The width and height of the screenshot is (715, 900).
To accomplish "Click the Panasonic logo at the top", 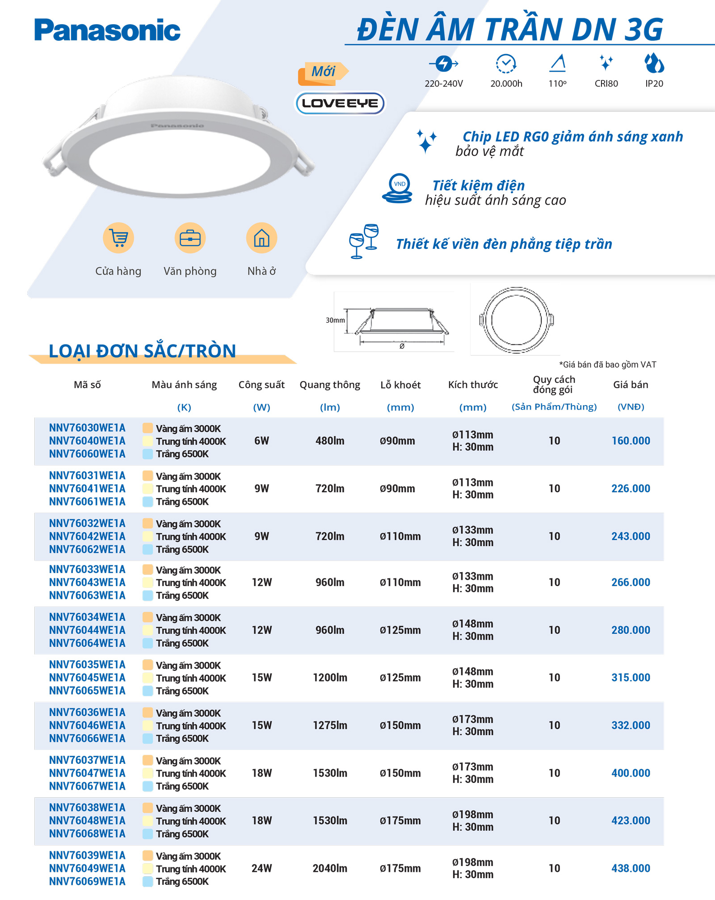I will (107, 30).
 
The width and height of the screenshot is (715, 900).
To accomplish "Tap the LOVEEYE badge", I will (340, 103).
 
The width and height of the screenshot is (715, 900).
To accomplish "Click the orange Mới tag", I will (323, 72).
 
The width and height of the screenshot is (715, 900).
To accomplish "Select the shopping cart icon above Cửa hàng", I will (118, 238).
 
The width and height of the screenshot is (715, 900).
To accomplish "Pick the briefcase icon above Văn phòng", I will (190, 238).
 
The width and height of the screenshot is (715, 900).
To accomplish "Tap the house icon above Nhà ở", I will (261, 238).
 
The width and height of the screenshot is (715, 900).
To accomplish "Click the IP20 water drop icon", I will (654, 63).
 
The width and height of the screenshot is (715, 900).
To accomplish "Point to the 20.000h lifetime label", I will (506, 84).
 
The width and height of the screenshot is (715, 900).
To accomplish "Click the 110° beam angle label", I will (557, 84).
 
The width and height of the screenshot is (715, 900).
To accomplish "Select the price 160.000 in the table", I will (631, 441).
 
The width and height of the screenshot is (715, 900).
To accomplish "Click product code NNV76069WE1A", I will (87, 881).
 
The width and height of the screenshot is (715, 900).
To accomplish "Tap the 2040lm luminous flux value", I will (330, 868).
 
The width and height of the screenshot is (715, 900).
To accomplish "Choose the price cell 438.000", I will (631, 868).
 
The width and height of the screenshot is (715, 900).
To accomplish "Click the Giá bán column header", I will (630, 385).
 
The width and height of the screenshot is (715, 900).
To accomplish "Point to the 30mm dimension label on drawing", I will (335, 320).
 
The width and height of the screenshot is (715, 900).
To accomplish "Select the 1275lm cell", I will (330, 725).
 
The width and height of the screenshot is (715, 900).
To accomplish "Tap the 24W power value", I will (261, 868).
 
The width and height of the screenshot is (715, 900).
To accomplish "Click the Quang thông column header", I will (330, 385).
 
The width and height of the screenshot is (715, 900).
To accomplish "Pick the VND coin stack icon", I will (398, 188).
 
